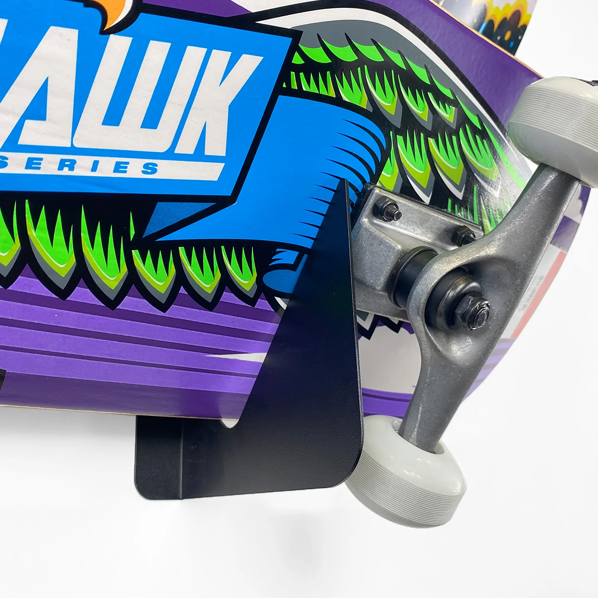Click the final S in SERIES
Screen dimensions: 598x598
point(149,168)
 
